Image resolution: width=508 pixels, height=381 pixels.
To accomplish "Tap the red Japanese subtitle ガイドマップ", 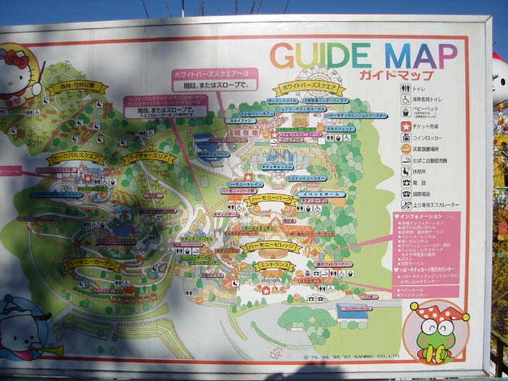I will click(396, 75).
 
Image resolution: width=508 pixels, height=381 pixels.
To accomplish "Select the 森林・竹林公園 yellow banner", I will click(78, 88).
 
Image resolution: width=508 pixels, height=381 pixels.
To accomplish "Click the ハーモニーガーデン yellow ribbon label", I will click(91, 265).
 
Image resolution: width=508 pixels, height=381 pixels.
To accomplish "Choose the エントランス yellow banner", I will click(275, 266).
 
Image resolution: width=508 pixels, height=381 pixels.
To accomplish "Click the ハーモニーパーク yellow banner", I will click(270, 199).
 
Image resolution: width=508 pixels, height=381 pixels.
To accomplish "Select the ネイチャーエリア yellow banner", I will click(148, 157).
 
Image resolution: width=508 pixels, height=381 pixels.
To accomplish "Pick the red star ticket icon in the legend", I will click(406, 126).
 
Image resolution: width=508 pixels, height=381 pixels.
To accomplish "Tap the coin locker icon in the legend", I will click(406, 137).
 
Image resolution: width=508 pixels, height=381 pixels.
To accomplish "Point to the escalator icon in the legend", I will click(406, 205).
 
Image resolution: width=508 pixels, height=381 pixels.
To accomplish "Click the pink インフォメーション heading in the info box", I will click(422, 216).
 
